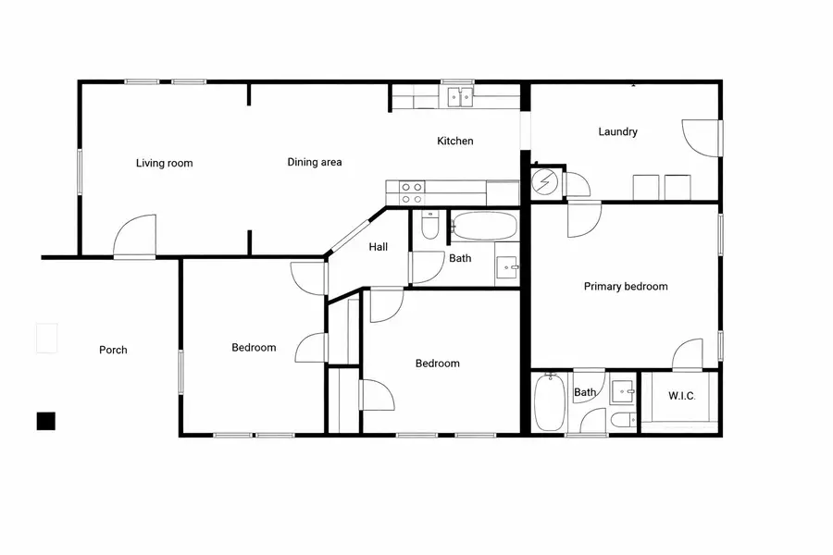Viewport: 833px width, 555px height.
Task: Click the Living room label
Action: click(165, 164)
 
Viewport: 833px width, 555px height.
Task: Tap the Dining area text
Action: click(315, 163)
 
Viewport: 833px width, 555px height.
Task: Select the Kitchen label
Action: click(455, 142)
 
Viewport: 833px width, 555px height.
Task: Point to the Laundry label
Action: click(617, 132)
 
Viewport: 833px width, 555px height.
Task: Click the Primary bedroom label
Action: click(626, 287)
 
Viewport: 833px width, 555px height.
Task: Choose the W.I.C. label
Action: click(682, 396)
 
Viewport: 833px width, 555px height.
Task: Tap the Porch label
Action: click(113, 351)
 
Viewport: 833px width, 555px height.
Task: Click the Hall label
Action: click(379, 247)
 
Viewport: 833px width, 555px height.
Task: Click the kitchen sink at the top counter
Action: click(460, 95)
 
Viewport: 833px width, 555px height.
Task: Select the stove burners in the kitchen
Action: click(412, 192)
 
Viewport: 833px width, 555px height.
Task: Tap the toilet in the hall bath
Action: click(429, 226)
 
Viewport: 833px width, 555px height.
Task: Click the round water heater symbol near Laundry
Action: click(545, 182)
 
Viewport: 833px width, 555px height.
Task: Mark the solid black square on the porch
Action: click(46, 421)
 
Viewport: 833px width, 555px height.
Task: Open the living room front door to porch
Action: click(135, 239)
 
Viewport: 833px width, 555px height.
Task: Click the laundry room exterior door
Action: click(700, 140)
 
